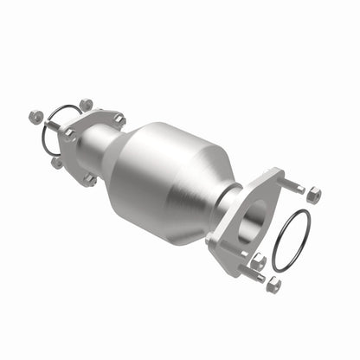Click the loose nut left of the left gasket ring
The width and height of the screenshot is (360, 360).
click(35, 115)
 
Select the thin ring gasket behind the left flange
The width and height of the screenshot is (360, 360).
click(50, 130)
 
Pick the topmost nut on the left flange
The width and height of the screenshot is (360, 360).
click(87, 106)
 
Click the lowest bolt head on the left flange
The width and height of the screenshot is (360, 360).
click(88, 180)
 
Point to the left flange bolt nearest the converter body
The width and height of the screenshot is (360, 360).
click(119, 120)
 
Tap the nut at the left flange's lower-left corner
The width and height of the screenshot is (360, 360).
click(57, 161)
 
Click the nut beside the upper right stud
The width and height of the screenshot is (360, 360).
click(313, 195)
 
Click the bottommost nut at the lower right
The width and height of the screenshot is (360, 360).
click(273, 284)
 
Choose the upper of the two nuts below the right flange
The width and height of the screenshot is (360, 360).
click(257, 259)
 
